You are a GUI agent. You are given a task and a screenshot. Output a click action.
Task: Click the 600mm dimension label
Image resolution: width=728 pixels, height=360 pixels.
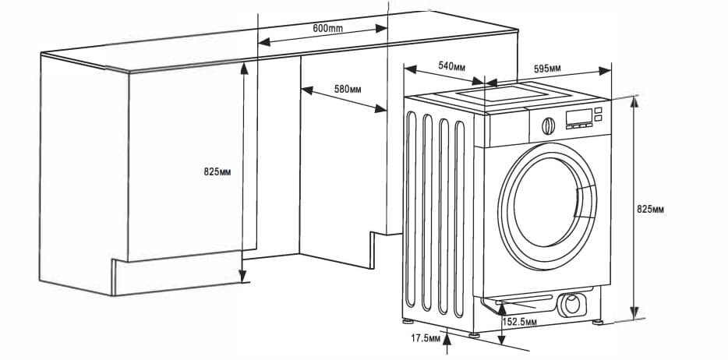tap(328, 28)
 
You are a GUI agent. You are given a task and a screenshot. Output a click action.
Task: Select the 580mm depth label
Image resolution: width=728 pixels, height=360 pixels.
tap(348, 89)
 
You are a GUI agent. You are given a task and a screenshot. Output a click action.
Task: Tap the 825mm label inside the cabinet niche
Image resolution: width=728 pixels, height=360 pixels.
tap(218, 171)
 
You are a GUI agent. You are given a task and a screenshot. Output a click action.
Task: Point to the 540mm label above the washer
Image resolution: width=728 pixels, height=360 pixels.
tap(452, 66)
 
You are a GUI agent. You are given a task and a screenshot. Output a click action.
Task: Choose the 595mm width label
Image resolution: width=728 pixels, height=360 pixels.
tap(547, 69)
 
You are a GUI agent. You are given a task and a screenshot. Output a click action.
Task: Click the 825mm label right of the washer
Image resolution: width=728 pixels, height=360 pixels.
tap(650, 209)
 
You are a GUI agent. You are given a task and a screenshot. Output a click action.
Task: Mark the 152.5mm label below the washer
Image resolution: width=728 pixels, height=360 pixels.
tap(519, 322)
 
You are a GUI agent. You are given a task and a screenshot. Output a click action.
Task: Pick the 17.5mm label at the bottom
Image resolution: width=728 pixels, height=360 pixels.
tap(426, 338)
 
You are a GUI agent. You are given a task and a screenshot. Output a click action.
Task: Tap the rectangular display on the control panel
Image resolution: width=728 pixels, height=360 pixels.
tap(577, 117)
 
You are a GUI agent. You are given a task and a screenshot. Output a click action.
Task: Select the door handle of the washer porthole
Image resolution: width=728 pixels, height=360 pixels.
tap(581, 200)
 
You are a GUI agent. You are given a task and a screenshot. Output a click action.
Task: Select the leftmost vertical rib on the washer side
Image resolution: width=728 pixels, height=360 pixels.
tap(411, 210)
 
